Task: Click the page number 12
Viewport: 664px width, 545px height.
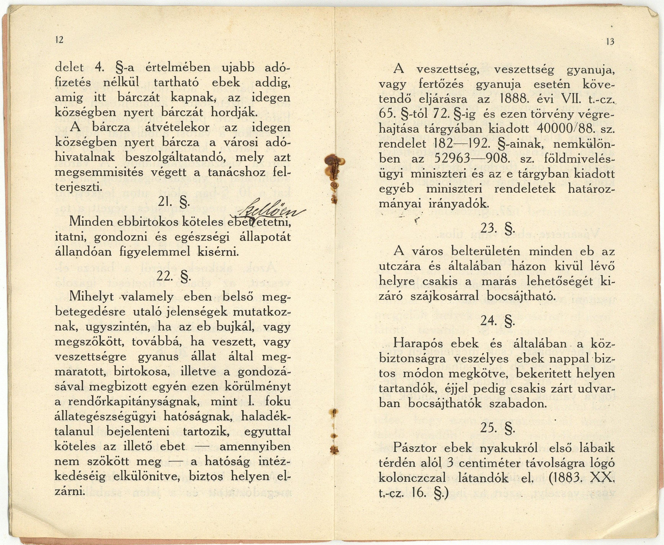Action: [x=59, y=40]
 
